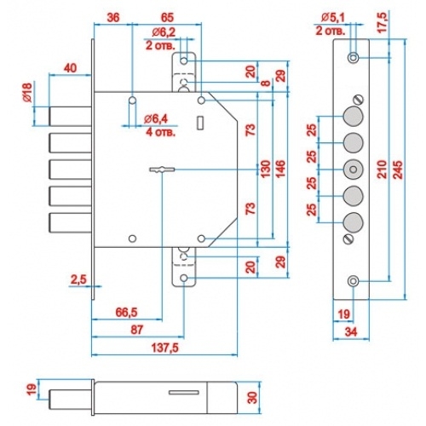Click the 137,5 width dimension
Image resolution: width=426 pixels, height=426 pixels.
(x=165, y=348)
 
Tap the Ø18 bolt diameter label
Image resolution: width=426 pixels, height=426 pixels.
(x=27, y=94)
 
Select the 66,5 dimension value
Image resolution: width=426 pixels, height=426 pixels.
(x=127, y=313)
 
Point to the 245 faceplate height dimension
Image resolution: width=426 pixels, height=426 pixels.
(x=399, y=170)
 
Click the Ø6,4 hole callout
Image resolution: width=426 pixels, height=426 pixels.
(x=156, y=119)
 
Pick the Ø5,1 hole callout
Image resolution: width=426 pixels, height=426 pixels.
(x=333, y=18)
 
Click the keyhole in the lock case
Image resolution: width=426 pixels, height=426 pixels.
(x=162, y=170)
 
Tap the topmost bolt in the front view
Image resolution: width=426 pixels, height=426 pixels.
(x=71, y=116)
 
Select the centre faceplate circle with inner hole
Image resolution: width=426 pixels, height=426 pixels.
(x=354, y=170)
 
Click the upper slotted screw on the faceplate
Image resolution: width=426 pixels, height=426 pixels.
(x=359, y=101)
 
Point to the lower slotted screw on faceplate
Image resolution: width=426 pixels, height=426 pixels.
(x=348, y=239)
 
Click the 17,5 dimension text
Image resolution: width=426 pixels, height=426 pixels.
(x=383, y=23)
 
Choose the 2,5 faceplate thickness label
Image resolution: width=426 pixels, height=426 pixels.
(x=78, y=279)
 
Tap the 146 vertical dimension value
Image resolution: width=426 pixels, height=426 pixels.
(x=280, y=170)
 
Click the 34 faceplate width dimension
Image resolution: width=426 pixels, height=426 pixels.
(x=351, y=331)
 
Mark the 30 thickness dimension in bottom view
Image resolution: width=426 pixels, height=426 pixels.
(x=252, y=398)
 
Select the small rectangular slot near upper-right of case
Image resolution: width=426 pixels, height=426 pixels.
(x=200, y=123)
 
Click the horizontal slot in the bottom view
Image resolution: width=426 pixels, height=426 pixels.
(x=184, y=392)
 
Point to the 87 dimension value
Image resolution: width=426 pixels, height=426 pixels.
(x=136, y=330)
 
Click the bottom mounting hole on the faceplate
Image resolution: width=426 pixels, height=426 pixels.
(x=354, y=281)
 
